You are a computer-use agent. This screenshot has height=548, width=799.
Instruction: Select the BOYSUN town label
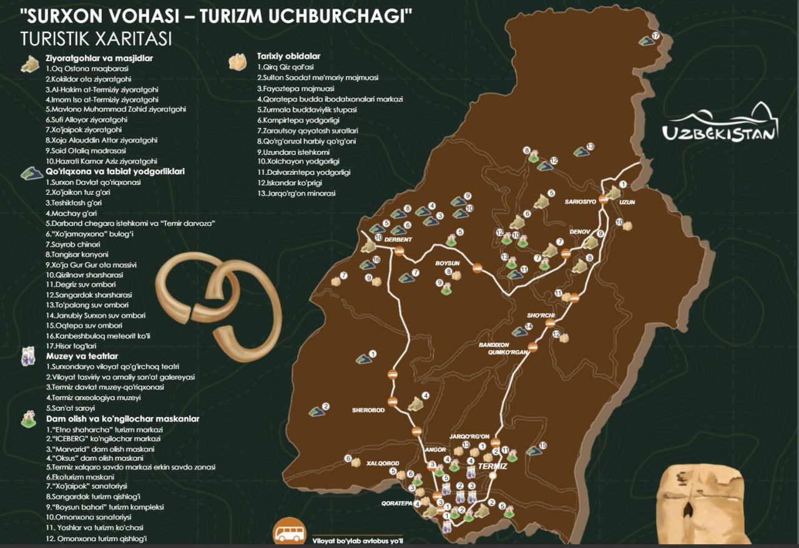tap(447, 263)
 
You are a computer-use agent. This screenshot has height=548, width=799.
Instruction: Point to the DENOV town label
tap(579, 232)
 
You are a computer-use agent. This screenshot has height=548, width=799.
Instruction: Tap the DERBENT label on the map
tap(398, 240)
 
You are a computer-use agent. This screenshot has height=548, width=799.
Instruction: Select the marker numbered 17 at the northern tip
tap(655, 36)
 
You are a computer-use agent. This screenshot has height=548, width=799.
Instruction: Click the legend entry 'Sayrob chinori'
tap(70, 244)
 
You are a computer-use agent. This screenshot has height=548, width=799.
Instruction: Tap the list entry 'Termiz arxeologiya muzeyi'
tap(94, 398)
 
